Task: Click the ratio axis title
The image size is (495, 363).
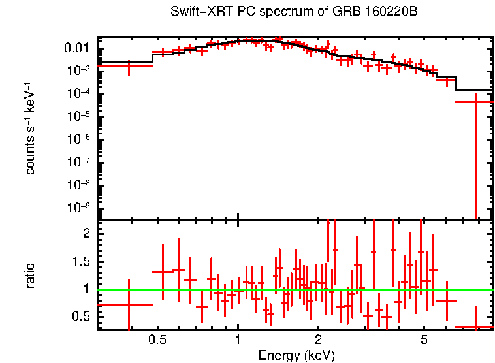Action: pos(30,276)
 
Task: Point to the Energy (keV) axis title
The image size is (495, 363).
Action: pos(296,355)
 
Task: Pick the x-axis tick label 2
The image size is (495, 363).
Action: pos(318,340)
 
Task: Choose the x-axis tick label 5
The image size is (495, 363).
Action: pos(424,340)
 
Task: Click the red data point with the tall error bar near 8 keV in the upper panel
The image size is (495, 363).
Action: pos(475,103)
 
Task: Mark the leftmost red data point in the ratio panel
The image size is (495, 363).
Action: pos(129,305)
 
